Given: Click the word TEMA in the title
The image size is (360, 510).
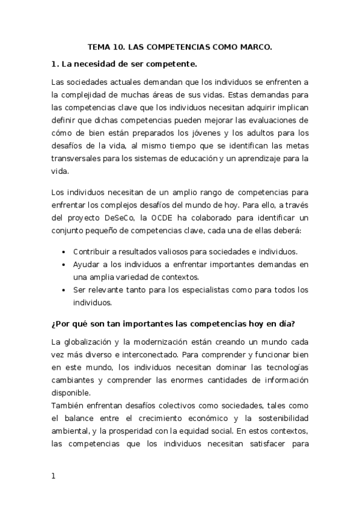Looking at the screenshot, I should (98, 46).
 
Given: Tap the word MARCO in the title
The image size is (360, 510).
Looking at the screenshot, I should (255, 46).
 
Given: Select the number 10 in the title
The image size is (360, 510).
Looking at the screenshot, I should (119, 46).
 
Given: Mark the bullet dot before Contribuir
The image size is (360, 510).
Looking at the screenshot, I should (64, 252).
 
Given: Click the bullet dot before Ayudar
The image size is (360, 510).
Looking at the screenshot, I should (64, 265).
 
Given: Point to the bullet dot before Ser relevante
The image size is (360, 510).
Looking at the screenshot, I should (64, 290).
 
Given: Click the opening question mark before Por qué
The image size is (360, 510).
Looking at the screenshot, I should (53, 323).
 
